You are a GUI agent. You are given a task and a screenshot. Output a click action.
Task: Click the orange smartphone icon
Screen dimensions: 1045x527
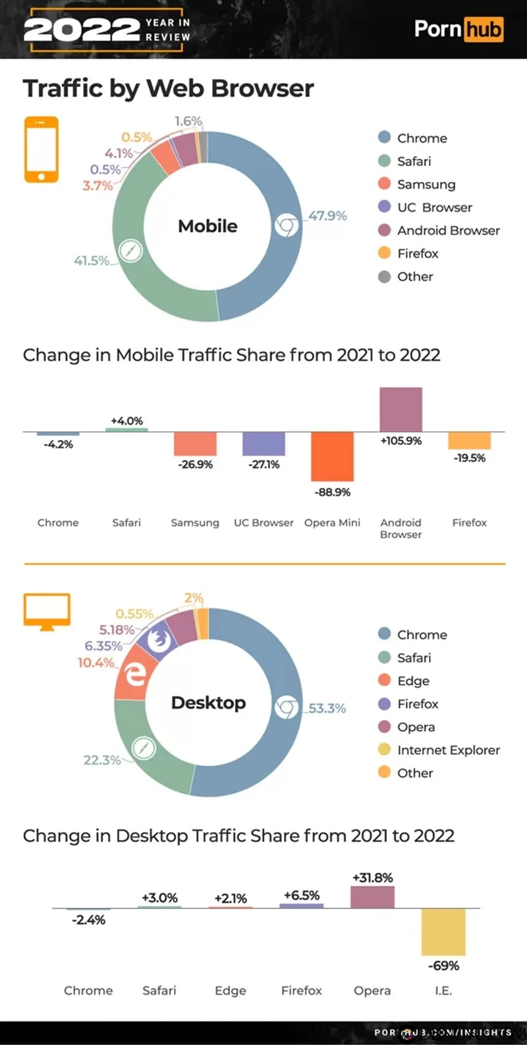41,150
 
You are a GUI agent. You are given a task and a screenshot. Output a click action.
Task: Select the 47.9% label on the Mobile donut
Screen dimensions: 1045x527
327,216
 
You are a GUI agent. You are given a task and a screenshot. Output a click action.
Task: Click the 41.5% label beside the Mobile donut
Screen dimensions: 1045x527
91,260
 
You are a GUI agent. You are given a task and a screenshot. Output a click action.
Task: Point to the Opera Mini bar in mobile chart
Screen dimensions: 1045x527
332,456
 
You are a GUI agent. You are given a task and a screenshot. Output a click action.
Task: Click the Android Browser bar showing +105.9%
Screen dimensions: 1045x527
401,409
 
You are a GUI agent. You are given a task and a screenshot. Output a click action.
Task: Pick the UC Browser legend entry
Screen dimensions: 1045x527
434,207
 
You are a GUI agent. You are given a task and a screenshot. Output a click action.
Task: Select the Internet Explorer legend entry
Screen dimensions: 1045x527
448,750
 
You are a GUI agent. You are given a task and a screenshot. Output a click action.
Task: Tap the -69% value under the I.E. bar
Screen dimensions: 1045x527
443,965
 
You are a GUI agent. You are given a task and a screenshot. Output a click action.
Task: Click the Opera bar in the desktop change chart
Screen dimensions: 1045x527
372,897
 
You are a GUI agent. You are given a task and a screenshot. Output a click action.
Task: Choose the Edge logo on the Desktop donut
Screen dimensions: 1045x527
136,674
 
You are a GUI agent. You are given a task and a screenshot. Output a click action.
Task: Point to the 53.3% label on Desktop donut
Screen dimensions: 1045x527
327,708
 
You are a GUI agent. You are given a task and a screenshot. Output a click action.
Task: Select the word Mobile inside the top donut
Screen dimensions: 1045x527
208,226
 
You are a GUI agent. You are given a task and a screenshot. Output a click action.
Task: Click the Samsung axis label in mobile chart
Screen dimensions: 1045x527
195,522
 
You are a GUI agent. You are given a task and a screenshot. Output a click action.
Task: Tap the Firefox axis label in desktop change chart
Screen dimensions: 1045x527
301,990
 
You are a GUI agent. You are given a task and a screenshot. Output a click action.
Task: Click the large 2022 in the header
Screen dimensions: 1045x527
81,30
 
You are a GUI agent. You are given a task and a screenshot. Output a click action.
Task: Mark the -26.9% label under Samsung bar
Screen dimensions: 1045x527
195,464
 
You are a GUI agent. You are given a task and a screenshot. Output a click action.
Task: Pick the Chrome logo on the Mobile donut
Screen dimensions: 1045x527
286,226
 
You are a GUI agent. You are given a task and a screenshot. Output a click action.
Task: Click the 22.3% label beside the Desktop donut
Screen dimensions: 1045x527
101,760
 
